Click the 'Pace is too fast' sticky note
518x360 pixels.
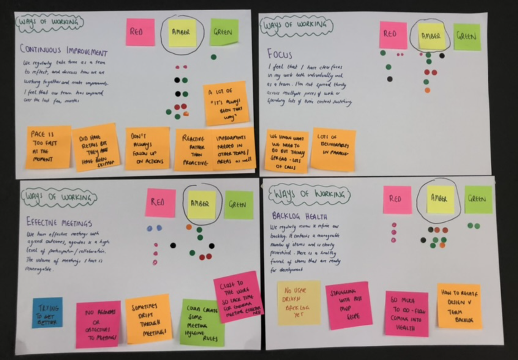click(48, 147)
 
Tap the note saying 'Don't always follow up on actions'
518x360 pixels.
click(147, 148)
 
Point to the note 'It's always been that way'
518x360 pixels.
click(226, 103)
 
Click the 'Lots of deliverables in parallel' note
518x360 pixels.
click(333, 149)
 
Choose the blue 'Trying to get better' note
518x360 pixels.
click(47, 313)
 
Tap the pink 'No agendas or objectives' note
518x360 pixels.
click(98, 324)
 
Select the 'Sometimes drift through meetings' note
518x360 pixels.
click(148, 319)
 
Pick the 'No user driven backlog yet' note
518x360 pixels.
click(299, 303)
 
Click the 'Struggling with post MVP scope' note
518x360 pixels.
click(348, 305)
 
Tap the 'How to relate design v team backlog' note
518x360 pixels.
click(460, 306)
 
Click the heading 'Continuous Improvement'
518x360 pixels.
click(63, 51)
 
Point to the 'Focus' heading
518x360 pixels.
click(280, 54)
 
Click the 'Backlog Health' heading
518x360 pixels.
click(300, 216)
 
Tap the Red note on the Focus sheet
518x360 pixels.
click(393, 35)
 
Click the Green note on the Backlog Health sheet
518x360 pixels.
click(478, 199)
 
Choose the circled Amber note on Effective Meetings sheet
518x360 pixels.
click(201, 205)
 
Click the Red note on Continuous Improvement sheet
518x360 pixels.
click(140, 32)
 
